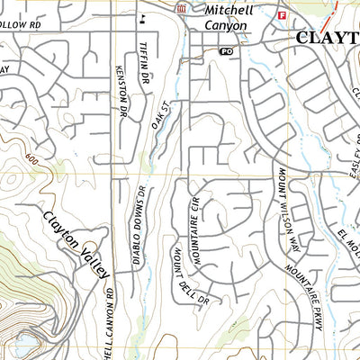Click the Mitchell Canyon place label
point(229,17)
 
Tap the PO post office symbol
point(227,53)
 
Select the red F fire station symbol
point(282,16)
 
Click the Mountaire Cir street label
point(192,233)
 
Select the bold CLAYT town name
point(328,38)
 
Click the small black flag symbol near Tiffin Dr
point(141,17)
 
